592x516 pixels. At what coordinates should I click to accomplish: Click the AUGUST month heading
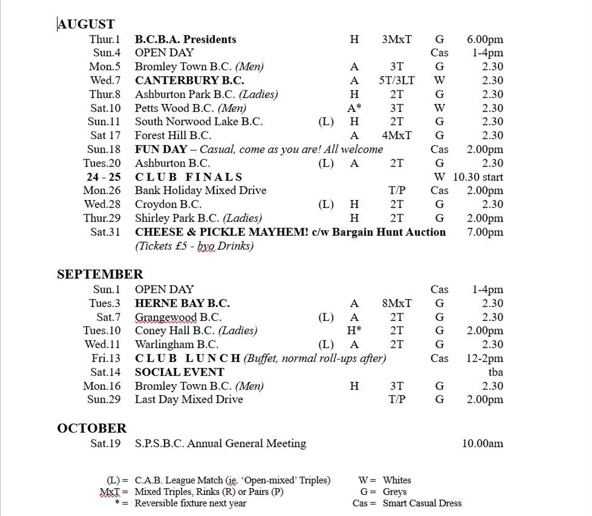click(x=86, y=24)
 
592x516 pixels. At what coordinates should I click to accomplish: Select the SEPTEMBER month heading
click(x=100, y=274)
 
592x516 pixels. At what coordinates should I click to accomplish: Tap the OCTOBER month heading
click(x=92, y=428)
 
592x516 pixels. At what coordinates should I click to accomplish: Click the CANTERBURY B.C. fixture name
click(x=189, y=80)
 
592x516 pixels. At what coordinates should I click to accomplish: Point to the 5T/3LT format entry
click(x=397, y=80)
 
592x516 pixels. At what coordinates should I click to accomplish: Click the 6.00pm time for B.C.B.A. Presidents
click(x=485, y=39)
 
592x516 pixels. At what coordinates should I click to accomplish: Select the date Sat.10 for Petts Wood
click(x=105, y=108)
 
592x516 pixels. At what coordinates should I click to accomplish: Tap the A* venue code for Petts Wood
click(x=354, y=108)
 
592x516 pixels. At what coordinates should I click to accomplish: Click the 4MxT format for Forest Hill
click(x=397, y=135)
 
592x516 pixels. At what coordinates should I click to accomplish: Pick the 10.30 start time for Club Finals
click(x=478, y=177)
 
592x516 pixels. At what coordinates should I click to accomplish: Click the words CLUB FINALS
click(x=188, y=177)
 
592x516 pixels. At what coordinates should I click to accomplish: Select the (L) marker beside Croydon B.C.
click(x=326, y=204)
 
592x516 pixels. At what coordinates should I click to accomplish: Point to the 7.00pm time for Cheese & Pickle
click(x=485, y=232)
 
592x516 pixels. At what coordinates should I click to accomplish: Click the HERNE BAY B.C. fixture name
click(x=182, y=303)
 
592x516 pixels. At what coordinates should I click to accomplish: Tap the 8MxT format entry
click(x=397, y=303)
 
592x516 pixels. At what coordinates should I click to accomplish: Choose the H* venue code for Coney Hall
click(x=354, y=330)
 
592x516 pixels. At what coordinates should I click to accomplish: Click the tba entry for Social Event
click(x=495, y=372)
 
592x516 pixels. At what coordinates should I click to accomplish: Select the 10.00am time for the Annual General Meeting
click(x=482, y=443)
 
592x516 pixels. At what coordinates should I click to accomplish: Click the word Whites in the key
click(x=397, y=480)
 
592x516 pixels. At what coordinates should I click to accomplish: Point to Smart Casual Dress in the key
click(x=422, y=503)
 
